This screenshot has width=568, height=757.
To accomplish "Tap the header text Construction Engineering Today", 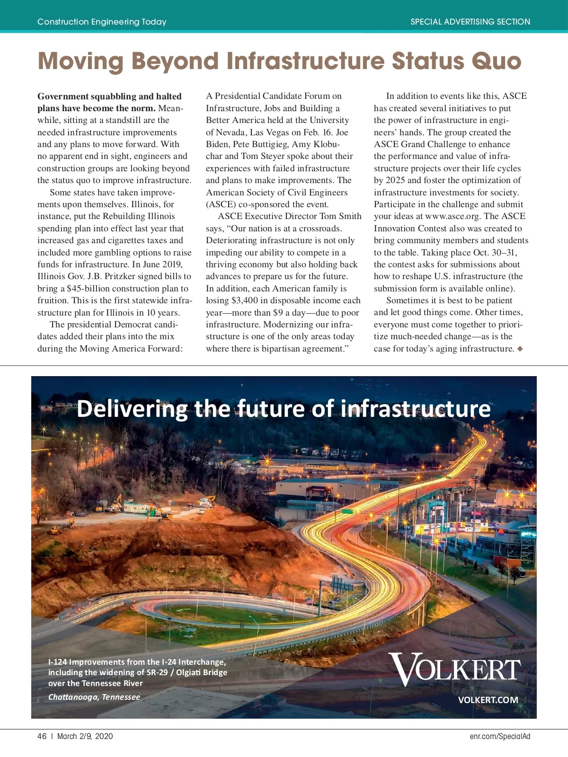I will point(102,22).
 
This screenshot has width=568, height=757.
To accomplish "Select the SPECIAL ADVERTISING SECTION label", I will point(470,22).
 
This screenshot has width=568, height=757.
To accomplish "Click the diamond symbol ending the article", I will point(520,349).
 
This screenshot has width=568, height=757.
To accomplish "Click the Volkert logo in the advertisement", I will point(454,669).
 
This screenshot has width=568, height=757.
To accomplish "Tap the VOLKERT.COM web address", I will point(488,700).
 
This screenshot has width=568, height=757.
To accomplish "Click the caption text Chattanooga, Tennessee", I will point(94,697).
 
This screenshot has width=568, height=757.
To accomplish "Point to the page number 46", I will point(42,736).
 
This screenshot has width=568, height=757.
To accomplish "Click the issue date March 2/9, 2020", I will point(85,736).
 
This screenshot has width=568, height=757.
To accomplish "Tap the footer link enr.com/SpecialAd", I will point(500,736).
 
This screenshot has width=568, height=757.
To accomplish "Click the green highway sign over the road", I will point(347,511).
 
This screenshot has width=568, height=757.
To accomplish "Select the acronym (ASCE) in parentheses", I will point(221,204).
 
